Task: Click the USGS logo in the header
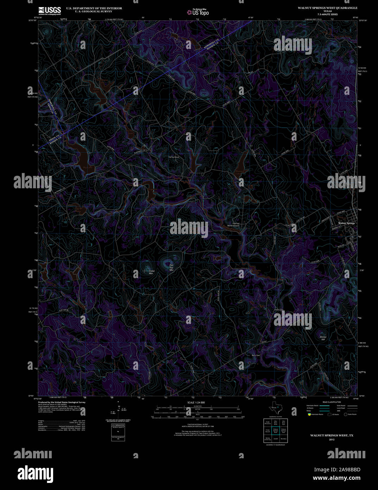50,10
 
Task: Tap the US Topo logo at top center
198,12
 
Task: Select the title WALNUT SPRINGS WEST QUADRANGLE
327,8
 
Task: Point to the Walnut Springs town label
346,223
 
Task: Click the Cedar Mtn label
152,272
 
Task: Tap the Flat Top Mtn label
171,267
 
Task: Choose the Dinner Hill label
323,338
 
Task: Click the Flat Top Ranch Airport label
233,225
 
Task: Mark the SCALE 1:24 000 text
196,402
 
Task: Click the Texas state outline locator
276,408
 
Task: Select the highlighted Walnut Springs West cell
276,431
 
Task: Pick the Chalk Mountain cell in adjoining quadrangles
267,423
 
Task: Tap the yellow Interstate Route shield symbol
309,414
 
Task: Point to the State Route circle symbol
345,414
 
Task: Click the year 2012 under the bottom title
332,440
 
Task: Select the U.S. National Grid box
118,432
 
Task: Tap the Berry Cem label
256,355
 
